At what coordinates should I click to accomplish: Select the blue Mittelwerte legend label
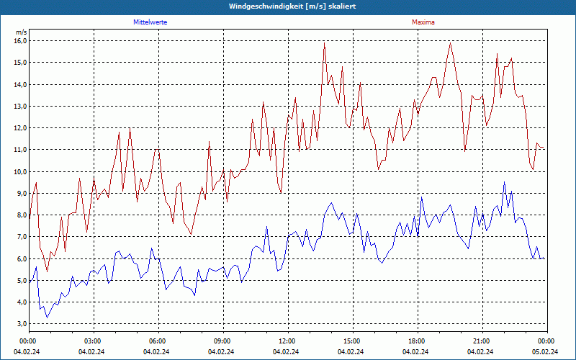click(150, 22)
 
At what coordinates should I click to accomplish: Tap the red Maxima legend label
click(423, 22)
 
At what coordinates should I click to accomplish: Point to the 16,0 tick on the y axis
click(20, 40)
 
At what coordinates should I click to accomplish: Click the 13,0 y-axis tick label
click(20, 106)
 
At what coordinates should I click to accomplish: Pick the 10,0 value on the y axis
click(20, 171)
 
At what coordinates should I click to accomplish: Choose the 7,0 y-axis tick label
click(20, 237)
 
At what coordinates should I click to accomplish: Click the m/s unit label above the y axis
click(21, 32)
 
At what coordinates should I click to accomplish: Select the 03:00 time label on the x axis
click(93, 341)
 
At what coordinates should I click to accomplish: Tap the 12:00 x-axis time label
click(287, 341)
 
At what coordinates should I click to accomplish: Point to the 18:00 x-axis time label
click(416, 341)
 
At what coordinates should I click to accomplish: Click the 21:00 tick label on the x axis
click(481, 341)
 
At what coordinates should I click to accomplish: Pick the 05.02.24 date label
click(546, 351)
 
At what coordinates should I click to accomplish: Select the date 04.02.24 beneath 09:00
click(222, 351)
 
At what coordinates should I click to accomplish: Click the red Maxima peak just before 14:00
click(325, 42)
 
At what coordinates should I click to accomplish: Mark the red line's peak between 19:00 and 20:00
click(451, 42)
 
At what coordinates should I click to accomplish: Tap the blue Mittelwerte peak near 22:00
click(505, 182)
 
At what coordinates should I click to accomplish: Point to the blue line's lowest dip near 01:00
click(48, 317)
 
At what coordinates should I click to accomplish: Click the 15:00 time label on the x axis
click(351, 341)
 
